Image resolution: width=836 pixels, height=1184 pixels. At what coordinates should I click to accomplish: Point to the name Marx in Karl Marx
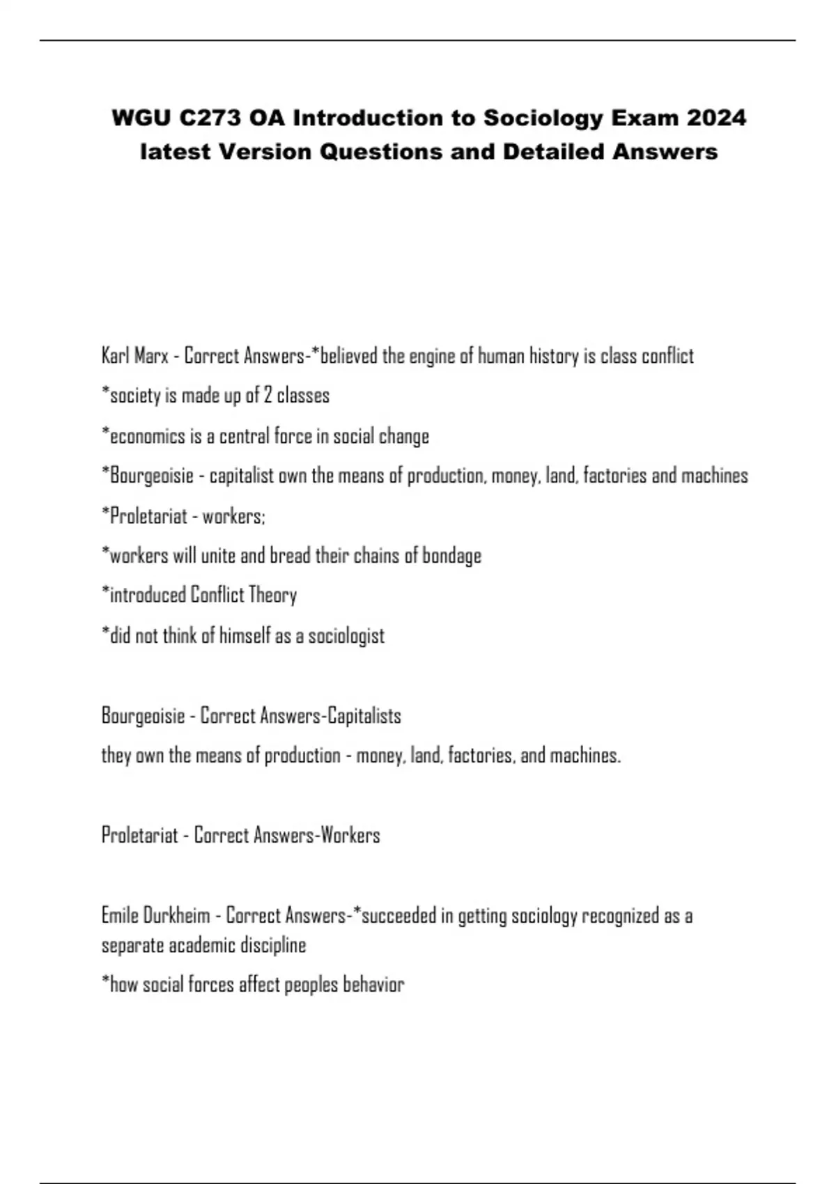[150, 356]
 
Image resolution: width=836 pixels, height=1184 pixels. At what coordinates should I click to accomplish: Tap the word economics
[142, 436]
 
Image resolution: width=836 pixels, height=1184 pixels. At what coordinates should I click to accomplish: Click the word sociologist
[346, 635]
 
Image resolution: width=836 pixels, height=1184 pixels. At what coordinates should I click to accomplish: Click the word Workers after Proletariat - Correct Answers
[350, 835]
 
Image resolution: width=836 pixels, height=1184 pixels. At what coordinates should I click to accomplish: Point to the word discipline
[273, 945]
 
